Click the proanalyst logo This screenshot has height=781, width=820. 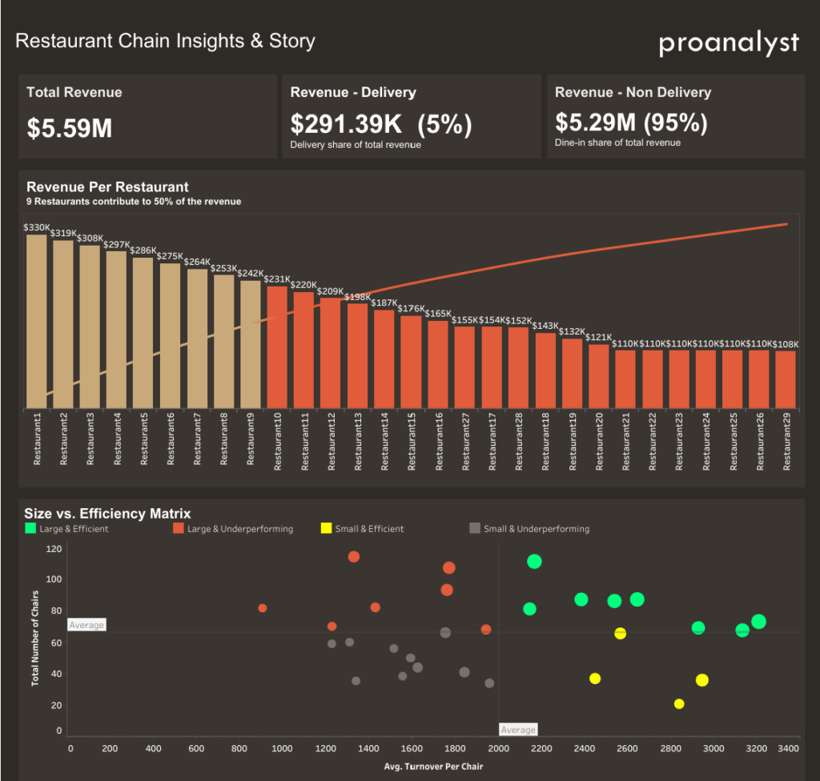tap(729, 43)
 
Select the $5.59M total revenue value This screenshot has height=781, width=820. tap(70, 128)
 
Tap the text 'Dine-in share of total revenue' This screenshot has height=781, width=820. tap(617, 142)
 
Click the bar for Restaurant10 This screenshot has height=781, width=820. tap(277, 347)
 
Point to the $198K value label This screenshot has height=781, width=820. tap(357, 297)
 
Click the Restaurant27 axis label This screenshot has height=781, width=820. tap(464, 439)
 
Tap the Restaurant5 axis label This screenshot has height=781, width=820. tap(144, 439)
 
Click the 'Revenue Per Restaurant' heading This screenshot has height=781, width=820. tap(107, 187)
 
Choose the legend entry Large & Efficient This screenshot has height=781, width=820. tap(66, 529)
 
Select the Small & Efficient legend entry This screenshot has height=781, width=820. tap(362, 529)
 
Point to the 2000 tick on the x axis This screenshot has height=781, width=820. tap(497, 749)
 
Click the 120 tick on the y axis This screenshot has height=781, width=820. tap(54, 549)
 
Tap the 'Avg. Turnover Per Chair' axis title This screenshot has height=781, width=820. tap(433, 767)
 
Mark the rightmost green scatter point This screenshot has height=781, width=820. tap(758, 622)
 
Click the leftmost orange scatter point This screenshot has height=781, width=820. tap(262, 608)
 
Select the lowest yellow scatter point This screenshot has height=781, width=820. tap(679, 704)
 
